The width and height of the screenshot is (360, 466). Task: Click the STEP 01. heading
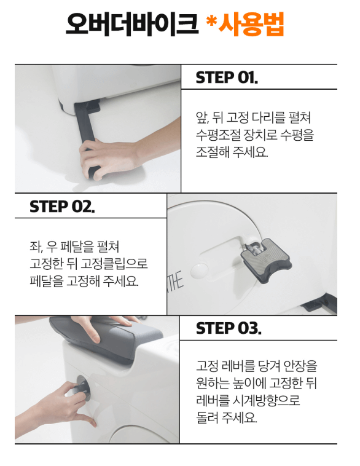227,77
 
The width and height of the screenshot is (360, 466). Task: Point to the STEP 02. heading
62,207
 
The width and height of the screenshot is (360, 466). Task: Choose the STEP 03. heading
228,328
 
